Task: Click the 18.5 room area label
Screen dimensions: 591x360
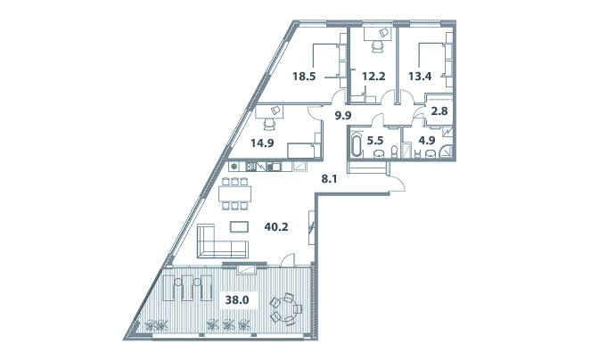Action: coord(304,77)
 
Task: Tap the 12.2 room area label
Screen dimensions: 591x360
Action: coord(373,77)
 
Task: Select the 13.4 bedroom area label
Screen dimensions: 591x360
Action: coord(420,77)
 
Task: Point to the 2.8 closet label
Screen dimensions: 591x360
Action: coord(439,111)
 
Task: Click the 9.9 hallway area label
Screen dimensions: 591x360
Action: coord(343,115)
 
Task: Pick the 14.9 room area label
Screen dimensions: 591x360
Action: coord(262,143)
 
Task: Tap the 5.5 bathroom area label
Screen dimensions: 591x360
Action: coord(375,141)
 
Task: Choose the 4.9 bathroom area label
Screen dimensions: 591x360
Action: coord(427,141)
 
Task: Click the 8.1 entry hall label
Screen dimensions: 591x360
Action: coord(329,179)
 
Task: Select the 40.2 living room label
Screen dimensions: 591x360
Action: coord(276,227)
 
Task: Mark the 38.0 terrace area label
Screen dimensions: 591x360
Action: coord(237,300)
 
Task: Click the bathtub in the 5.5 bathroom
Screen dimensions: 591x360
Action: coord(356,143)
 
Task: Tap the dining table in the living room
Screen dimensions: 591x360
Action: coord(234,193)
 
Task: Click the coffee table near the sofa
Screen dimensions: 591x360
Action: coord(239,227)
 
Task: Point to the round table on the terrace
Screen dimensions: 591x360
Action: coord(286,309)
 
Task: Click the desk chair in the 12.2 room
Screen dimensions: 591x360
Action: coord(378,46)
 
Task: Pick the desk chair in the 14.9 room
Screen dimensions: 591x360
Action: coord(269,124)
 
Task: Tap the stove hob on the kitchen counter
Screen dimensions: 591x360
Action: coord(251,167)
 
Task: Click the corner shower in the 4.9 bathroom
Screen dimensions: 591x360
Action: coord(446,151)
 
